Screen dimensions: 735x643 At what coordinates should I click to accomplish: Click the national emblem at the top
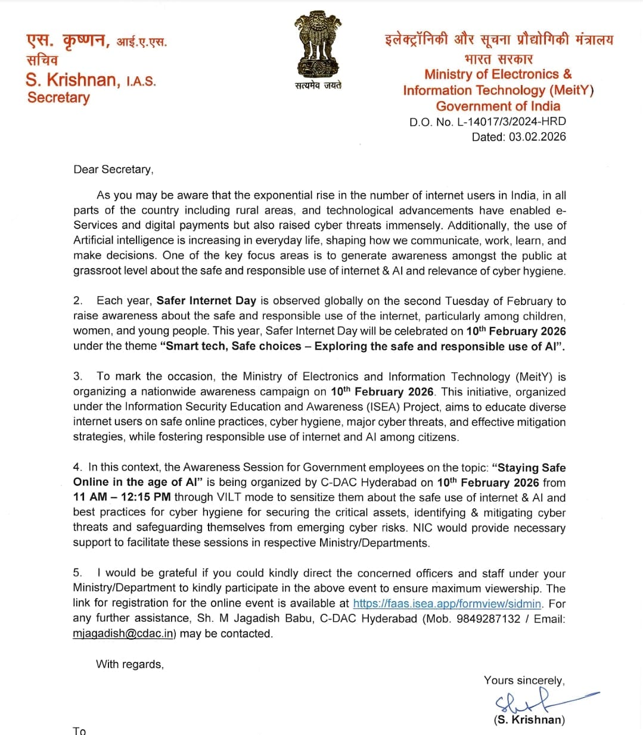(318, 45)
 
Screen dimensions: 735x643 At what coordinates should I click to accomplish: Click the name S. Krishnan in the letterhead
(72, 80)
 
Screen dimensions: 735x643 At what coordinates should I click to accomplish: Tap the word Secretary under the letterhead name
(58, 98)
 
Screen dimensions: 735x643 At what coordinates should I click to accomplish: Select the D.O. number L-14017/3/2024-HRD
(511, 122)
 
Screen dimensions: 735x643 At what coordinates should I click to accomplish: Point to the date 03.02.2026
(537, 137)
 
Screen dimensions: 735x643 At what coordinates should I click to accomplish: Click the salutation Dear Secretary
(113, 170)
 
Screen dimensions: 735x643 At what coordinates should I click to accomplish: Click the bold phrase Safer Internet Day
(206, 301)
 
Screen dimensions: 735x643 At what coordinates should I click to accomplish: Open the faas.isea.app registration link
(447, 603)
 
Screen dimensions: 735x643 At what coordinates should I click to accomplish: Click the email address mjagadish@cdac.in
(123, 634)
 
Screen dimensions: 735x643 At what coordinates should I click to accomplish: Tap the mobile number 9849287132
(489, 619)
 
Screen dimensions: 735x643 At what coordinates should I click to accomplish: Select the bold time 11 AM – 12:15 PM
(122, 497)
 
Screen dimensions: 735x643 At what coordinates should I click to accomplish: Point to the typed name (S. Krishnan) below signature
(529, 720)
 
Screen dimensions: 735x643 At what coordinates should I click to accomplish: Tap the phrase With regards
(129, 664)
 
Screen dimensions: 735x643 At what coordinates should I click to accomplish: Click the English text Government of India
(498, 107)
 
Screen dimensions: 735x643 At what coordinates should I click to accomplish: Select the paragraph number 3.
(77, 376)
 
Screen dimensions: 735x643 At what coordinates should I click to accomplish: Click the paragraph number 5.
(77, 573)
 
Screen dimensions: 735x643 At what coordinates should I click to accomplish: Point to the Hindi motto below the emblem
(318, 86)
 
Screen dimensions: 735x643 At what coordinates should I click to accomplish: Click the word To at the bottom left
(79, 731)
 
